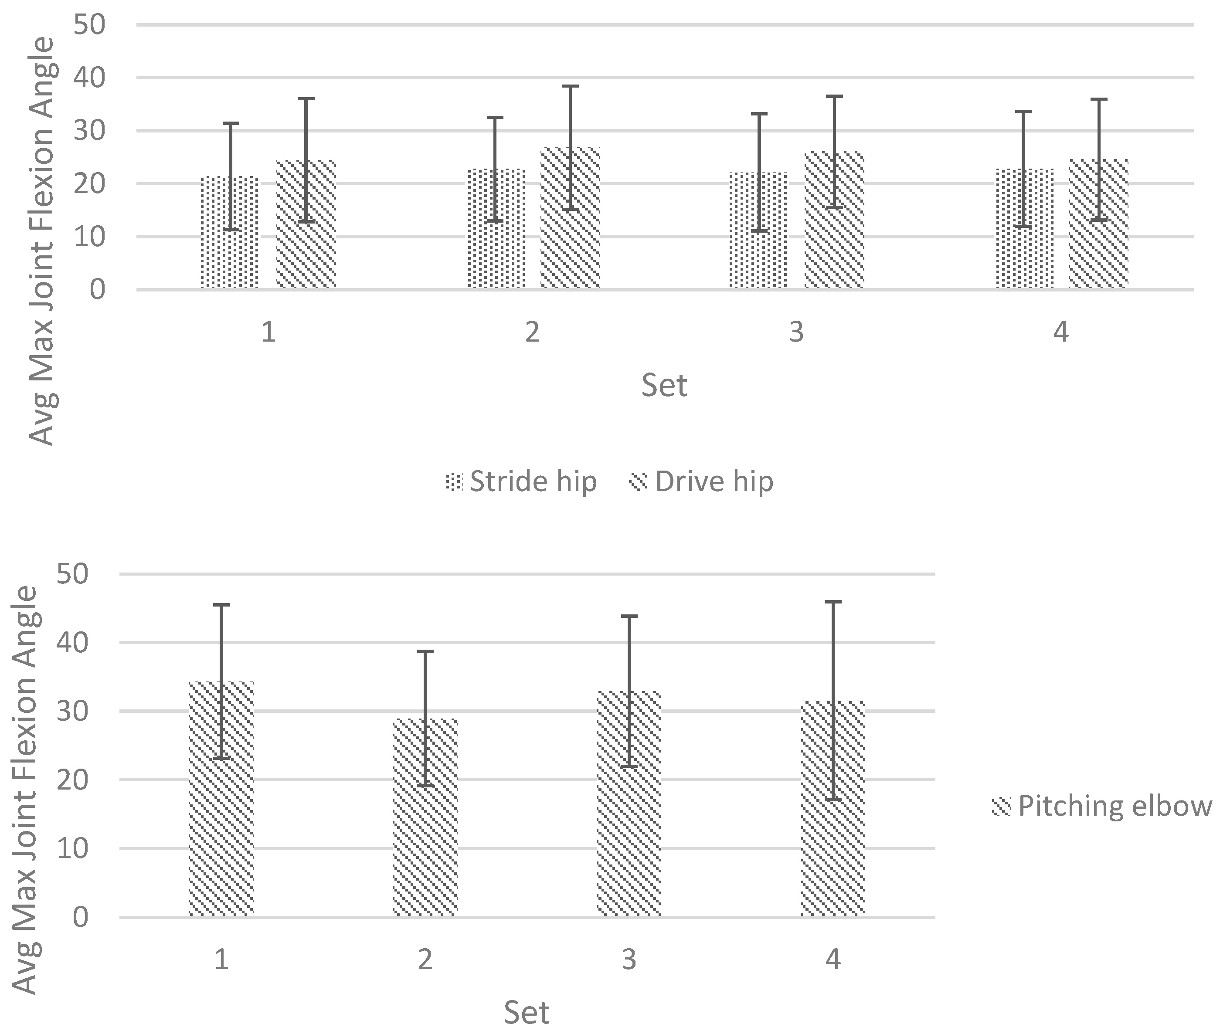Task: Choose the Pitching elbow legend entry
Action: click(1102, 806)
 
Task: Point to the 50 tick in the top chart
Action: click(89, 25)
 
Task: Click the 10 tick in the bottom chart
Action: click(71, 849)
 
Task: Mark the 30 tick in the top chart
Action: click(89, 131)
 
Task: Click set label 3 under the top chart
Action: click(795, 332)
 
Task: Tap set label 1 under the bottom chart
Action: click(221, 959)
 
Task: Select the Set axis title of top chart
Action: click(664, 385)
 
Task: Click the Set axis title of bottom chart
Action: click(527, 1012)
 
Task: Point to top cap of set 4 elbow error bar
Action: click(833, 601)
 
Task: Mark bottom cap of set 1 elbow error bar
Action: click(221, 759)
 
